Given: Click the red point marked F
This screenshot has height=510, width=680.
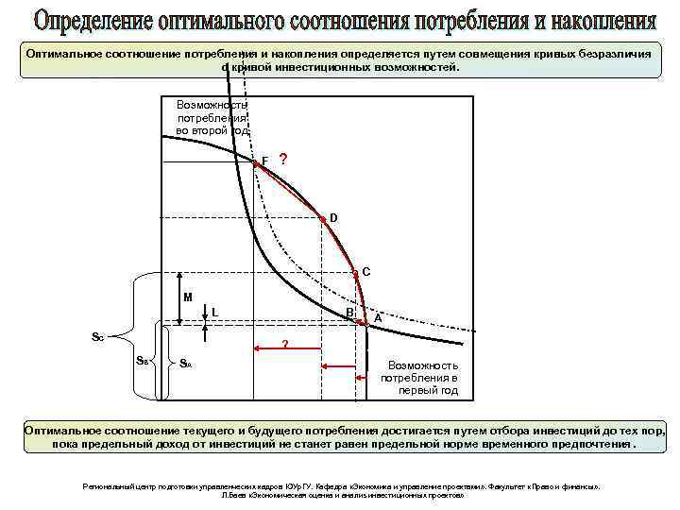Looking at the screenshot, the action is [255, 162].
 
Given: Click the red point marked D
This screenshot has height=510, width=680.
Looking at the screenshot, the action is [322, 218].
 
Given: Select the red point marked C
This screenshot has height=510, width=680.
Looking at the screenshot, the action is [355, 273].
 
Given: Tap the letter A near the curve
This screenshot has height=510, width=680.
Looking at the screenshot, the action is [378, 318].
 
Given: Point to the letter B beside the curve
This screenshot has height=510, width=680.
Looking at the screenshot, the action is [348, 312].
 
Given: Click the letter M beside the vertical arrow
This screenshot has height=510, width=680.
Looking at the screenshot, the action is [188, 297].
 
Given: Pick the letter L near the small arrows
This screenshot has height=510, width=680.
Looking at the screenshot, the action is [215, 312].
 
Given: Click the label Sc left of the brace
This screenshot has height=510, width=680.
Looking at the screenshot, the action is [97, 336].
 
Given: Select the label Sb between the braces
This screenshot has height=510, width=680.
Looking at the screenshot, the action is [142, 360].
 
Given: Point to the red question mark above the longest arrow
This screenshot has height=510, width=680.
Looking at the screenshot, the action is [285, 343].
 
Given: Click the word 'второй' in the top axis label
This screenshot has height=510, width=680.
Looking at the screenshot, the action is [208, 131].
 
